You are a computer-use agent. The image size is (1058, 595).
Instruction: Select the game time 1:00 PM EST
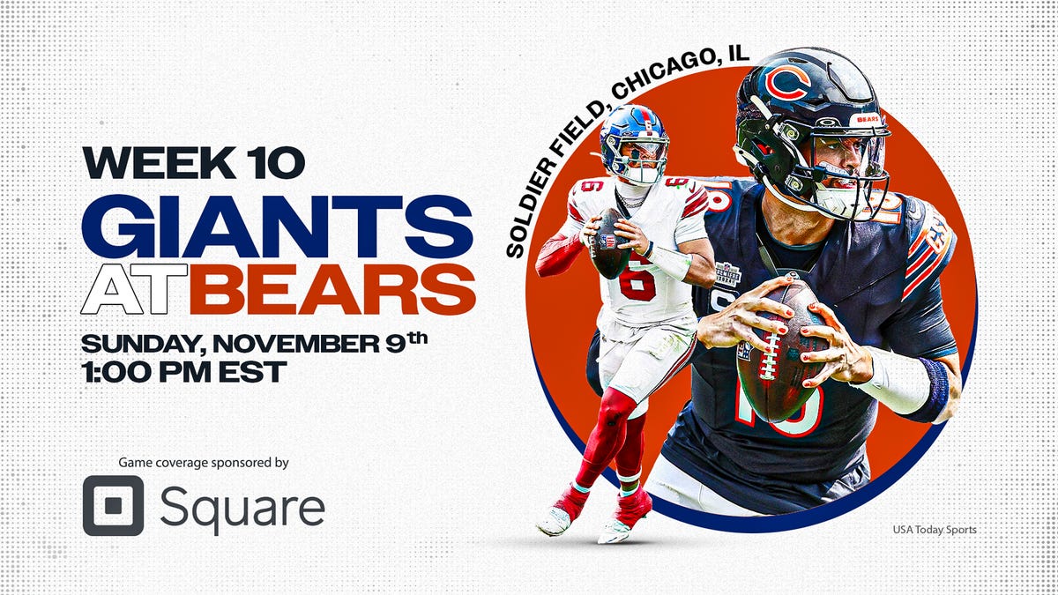click(x=183, y=371)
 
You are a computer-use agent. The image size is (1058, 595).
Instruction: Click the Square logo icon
click(x=113, y=506)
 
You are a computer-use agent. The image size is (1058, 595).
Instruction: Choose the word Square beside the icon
click(x=242, y=507)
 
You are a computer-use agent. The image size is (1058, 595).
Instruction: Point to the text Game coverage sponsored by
click(x=205, y=462)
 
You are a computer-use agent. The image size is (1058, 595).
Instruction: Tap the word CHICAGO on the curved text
click(x=652, y=84)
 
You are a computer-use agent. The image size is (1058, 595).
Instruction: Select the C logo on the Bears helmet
click(x=788, y=82)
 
